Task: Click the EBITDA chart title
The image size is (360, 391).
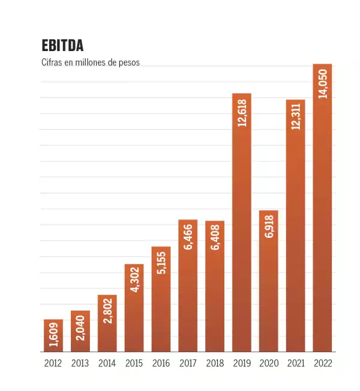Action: pyautogui.click(x=62, y=46)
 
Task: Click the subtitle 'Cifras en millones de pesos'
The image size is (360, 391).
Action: pyautogui.click(x=90, y=62)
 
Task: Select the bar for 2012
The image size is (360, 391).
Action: pyautogui.click(x=53, y=336)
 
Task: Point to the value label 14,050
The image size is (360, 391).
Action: pyautogui.click(x=323, y=83)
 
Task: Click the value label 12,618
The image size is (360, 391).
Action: pyautogui.click(x=242, y=112)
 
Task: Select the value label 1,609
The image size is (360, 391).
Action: pyautogui.click(x=53, y=335)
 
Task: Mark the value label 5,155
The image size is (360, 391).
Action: pyautogui.click(x=161, y=263)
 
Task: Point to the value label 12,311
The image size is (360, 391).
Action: pyautogui.click(x=296, y=118)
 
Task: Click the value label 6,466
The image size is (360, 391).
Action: pyautogui.click(x=188, y=235)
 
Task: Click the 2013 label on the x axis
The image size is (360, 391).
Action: pyautogui.click(x=80, y=363)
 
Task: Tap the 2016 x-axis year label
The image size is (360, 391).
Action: pyautogui.click(x=161, y=363)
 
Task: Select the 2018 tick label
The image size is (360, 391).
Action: pyautogui.click(x=215, y=363)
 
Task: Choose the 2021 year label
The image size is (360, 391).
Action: pyautogui.click(x=296, y=363)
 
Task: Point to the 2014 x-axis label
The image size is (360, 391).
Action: pyautogui.click(x=107, y=363)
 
